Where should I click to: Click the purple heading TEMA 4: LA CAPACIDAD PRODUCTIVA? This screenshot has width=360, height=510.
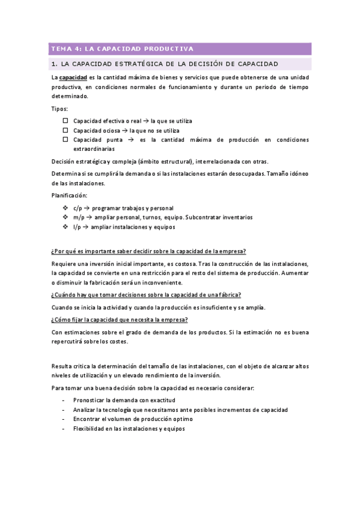122,49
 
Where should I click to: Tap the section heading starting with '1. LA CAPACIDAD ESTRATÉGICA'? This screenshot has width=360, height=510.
164,64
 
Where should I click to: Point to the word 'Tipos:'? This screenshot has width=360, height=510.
59,109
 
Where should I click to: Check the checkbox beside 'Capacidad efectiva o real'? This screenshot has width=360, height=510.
66,120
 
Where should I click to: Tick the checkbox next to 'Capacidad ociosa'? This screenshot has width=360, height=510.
66,130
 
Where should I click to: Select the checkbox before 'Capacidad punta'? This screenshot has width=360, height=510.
66,140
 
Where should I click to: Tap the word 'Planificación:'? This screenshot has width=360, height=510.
69,195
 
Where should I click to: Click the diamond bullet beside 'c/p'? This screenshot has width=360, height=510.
66,207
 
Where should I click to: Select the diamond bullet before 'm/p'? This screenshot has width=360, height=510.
66,217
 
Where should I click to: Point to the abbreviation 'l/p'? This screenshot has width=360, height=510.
78,227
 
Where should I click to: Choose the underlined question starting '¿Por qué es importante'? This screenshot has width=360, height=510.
148,251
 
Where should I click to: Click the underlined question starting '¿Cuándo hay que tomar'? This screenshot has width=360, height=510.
146,295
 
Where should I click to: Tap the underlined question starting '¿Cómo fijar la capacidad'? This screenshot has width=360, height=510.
120,319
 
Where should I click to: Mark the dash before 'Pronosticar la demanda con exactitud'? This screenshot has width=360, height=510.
64,400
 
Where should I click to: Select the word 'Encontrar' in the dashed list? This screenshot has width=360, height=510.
87,419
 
